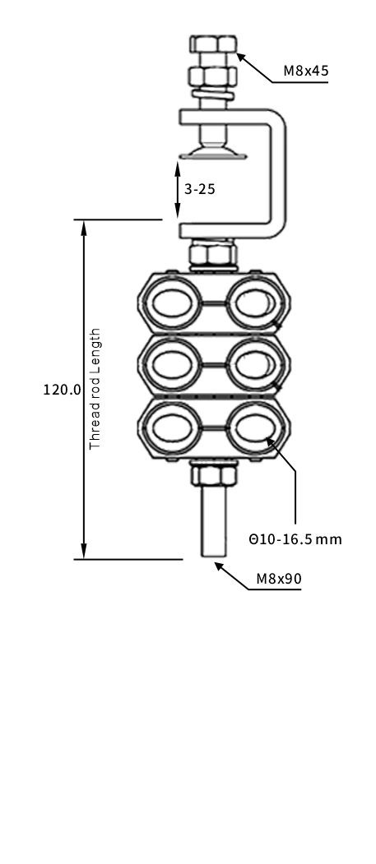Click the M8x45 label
point(306,71)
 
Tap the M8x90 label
point(279,579)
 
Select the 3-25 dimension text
point(200,189)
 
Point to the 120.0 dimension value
point(62,389)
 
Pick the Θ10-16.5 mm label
point(295,539)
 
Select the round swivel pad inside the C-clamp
point(213,150)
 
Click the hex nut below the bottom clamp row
point(214,474)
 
